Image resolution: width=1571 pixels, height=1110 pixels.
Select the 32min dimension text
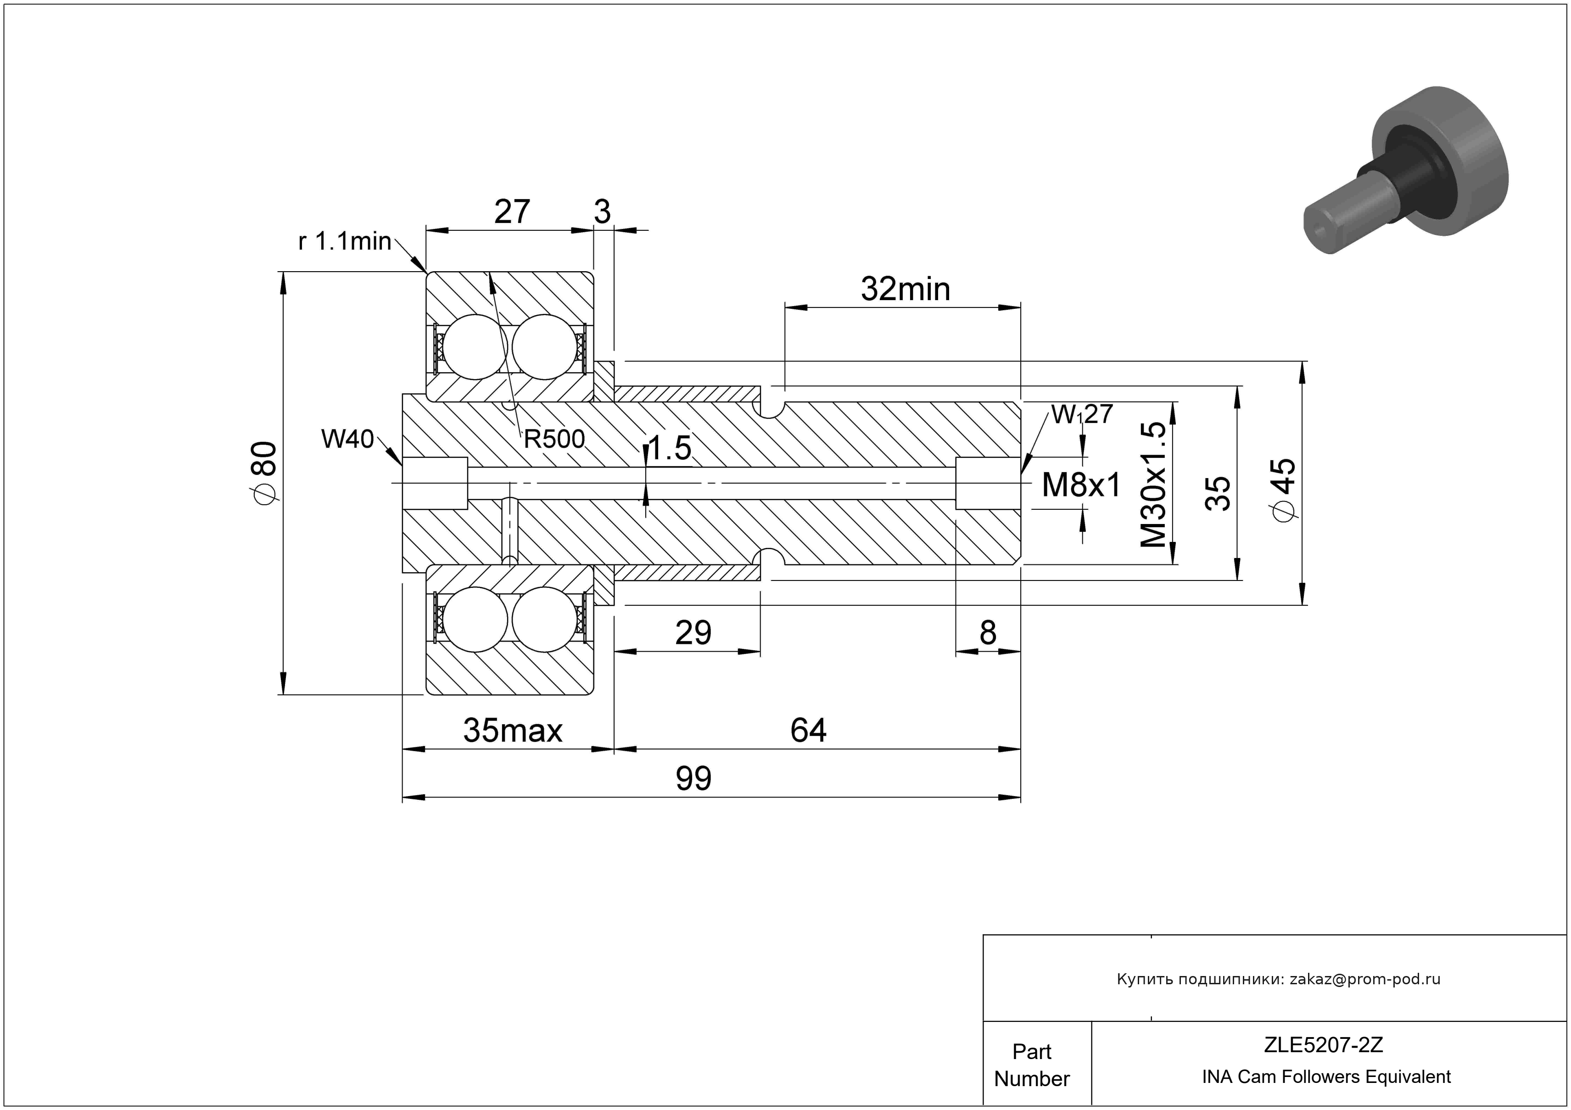pos(905,289)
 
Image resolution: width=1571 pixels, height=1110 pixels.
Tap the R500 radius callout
pos(554,439)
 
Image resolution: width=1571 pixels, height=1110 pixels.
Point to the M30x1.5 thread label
pos(1154,484)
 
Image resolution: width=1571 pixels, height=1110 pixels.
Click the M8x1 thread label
pos(1081,485)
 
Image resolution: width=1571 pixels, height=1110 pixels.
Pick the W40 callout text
pos(347,439)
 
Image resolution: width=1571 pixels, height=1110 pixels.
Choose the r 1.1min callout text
pos(345,241)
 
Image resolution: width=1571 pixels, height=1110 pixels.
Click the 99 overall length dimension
pos(693,778)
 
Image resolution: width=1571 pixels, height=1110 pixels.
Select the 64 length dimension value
pos(808,731)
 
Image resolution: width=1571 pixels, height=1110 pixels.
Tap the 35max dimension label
pos(513,731)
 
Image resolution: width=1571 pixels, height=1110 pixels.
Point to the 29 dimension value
pos(693,633)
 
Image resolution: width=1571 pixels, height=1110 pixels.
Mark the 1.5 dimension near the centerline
pos(669,449)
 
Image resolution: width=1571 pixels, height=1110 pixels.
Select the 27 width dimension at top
pos(512,212)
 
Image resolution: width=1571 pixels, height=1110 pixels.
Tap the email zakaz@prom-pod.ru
pos(1364,979)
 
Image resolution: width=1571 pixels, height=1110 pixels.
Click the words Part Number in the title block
pos(1032,1065)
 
